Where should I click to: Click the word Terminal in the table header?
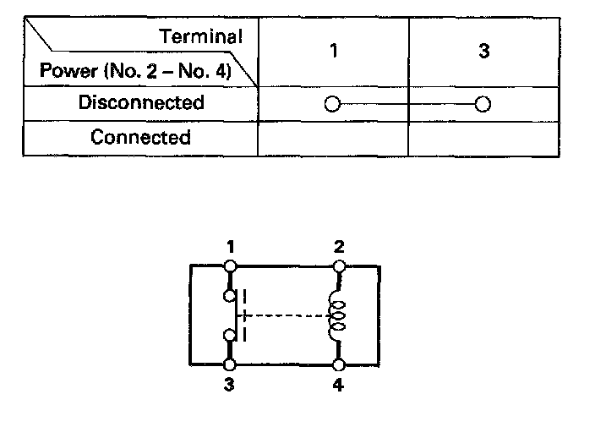coord(201,37)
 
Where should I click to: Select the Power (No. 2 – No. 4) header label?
coord(134,70)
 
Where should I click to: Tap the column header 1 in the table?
coord(334,52)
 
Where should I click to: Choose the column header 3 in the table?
coord(483,52)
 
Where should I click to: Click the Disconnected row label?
coord(141,103)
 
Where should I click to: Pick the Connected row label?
coord(141,137)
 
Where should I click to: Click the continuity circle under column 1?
coord(332,105)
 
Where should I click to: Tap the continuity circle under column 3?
coord(483,105)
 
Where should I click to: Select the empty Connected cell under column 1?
coord(333,138)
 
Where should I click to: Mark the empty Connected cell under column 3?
coord(483,138)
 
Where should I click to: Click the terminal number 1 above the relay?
coord(230,248)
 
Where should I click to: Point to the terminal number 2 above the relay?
coord(339,248)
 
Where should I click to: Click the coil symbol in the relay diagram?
coord(338,315)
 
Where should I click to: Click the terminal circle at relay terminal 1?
coord(230,266)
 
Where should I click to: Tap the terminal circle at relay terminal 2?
coord(339,266)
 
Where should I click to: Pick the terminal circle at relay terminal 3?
coord(230,365)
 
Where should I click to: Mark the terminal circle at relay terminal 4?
coord(339,365)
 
